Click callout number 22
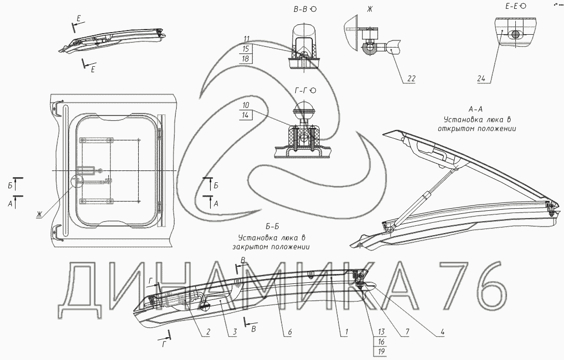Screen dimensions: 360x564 tap(410, 79)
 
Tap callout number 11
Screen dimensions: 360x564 tap(247, 39)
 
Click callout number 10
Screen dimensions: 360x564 tap(245, 106)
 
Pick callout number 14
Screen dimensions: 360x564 tap(245, 116)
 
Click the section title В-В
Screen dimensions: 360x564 tap(300, 9)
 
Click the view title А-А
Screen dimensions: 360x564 tap(475, 109)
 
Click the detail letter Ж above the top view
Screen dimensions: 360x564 tap(355, 9)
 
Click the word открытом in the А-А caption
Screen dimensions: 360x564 tap(457, 128)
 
